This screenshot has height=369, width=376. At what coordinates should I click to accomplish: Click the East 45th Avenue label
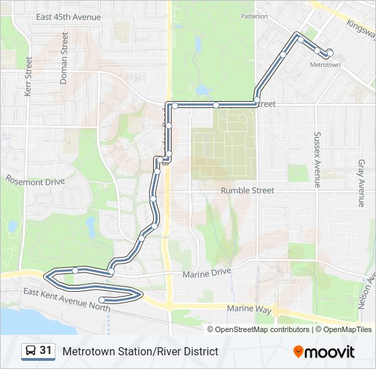coord(68,17)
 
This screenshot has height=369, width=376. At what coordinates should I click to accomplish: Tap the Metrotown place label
coord(325,65)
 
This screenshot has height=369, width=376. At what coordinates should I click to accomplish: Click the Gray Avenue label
coord(361,183)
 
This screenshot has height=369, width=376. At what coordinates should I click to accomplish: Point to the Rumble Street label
coord(247,191)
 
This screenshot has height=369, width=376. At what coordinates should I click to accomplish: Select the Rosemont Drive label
coord(35,182)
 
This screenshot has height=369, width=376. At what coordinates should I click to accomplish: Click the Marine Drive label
coord(207,273)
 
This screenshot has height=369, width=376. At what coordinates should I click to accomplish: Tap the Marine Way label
coord(250,309)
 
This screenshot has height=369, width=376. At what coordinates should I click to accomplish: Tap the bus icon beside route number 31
coord(31,351)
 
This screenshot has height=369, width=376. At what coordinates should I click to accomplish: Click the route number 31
coord(46,351)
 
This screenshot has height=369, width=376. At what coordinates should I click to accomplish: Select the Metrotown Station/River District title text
coord(140,351)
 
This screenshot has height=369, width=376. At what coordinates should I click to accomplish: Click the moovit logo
coord(324,352)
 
